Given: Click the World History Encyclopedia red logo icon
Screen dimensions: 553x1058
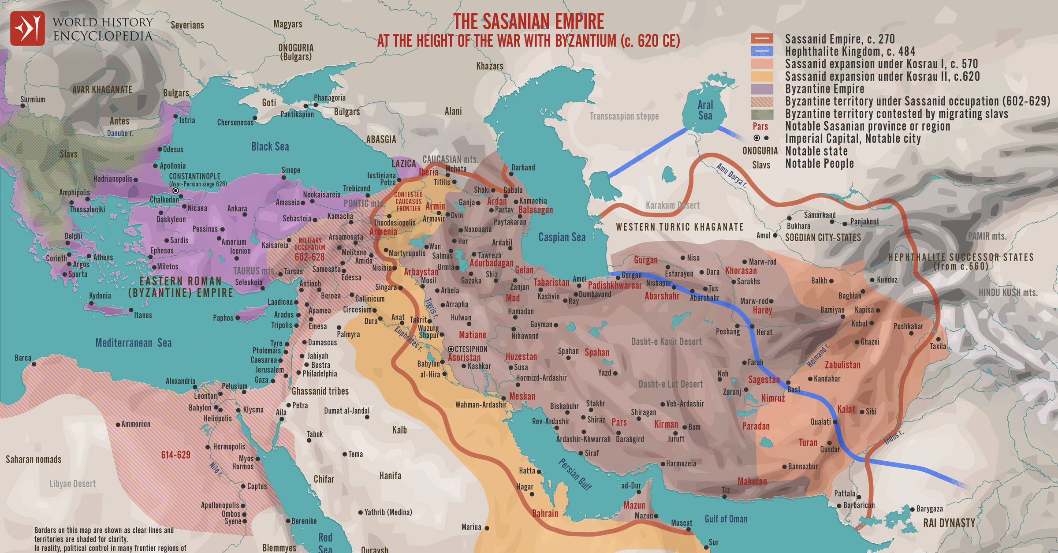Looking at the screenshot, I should pyautogui.click(x=27, y=29).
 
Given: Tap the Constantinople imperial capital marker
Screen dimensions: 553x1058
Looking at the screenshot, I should pyautogui.click(x=175, y=191).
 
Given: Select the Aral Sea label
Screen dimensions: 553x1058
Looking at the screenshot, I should pyautogui.click(x=705, y=110).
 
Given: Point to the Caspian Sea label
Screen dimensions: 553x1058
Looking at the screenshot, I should pyautogui.click(x=562, y=237).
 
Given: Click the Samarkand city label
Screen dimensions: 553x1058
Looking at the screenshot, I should pyautogui.click(x=820, y=215).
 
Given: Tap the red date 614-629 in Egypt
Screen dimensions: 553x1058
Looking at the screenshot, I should pyautogui.click(x=175, y=455).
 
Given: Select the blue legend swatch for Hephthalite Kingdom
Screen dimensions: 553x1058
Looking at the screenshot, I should pyautogui.click(x=762, y=52).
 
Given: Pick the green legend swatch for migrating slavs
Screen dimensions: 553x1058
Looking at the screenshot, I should pyautogui.click(x=762, y=114).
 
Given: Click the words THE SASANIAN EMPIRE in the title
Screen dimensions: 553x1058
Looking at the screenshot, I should pyautogui.click(x=529, y=21).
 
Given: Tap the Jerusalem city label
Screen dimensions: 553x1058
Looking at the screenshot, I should pyautogui.click(x=269, y=370).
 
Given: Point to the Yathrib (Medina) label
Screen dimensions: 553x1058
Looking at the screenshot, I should pyautogui.click(x=388, y=512).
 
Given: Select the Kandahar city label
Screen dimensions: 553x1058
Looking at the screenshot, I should pyautogui.click(x=827, y=379).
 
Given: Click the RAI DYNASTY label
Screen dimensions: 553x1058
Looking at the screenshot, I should pyautogui.click(x=949, y=523).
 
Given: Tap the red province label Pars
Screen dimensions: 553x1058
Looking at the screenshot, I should pyautogui.click(x=619, y=422).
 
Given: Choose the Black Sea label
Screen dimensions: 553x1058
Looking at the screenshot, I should pyautogui.click(x=270, y=147).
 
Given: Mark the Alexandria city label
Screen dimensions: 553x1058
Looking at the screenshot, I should pyautogui.click(x=180, y=381).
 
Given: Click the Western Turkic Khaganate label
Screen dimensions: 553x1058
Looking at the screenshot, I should pyautogui.click(x=679, y=227).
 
